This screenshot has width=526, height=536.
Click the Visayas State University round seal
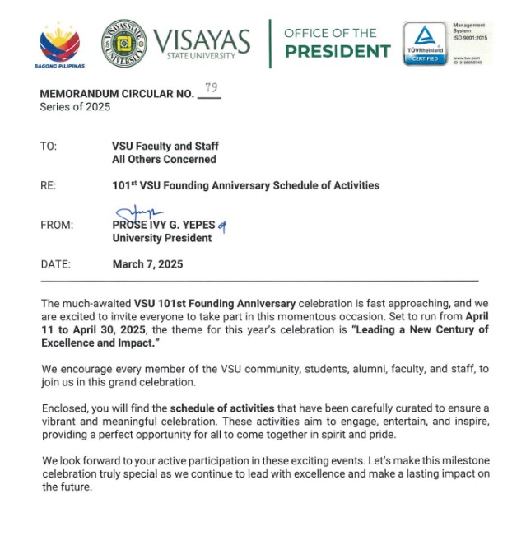tap(125, 44)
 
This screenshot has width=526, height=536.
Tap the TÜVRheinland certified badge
tap(425, 44)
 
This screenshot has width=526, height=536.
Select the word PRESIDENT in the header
tap(337, 51)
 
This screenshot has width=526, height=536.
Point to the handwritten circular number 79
tap(210, 87)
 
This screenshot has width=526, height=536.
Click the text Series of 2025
tap(75, 107)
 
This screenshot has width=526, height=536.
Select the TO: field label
tap(49, 146)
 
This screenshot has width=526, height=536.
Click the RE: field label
tap(48, 185)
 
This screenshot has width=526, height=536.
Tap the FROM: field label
tap(57, 225)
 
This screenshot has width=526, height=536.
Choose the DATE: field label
tap(55, 264)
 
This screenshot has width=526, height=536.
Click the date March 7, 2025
tap(147, 264)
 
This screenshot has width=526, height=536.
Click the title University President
tap(161, 238)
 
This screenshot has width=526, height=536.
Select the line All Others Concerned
tap(164, 159)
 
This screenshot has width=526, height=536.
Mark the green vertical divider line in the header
tap(269, 44)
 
